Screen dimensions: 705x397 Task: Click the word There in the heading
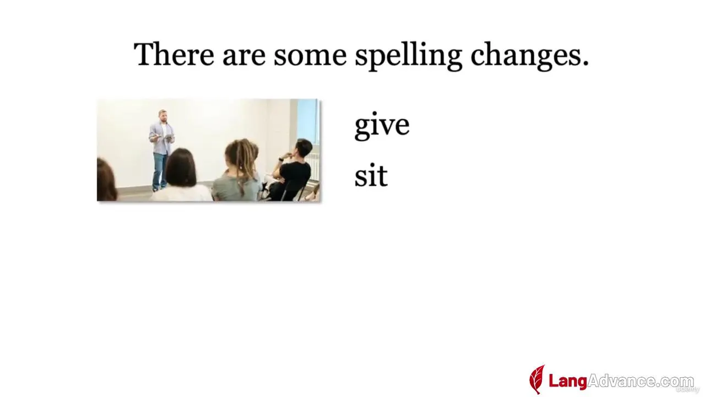tap(174, 54)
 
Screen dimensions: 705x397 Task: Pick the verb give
tap(382, 125)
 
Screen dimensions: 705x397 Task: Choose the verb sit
tap(371, 175)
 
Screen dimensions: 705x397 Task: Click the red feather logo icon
tap(537, 379)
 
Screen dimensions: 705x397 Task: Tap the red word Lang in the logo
tap(568, 381)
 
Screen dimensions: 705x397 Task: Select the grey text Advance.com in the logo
tap(641, 381)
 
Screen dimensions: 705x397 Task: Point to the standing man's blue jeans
tap(160, 171)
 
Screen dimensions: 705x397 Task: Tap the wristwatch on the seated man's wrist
tap(281, 159)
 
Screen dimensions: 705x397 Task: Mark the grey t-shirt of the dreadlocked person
tap(237, 188)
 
